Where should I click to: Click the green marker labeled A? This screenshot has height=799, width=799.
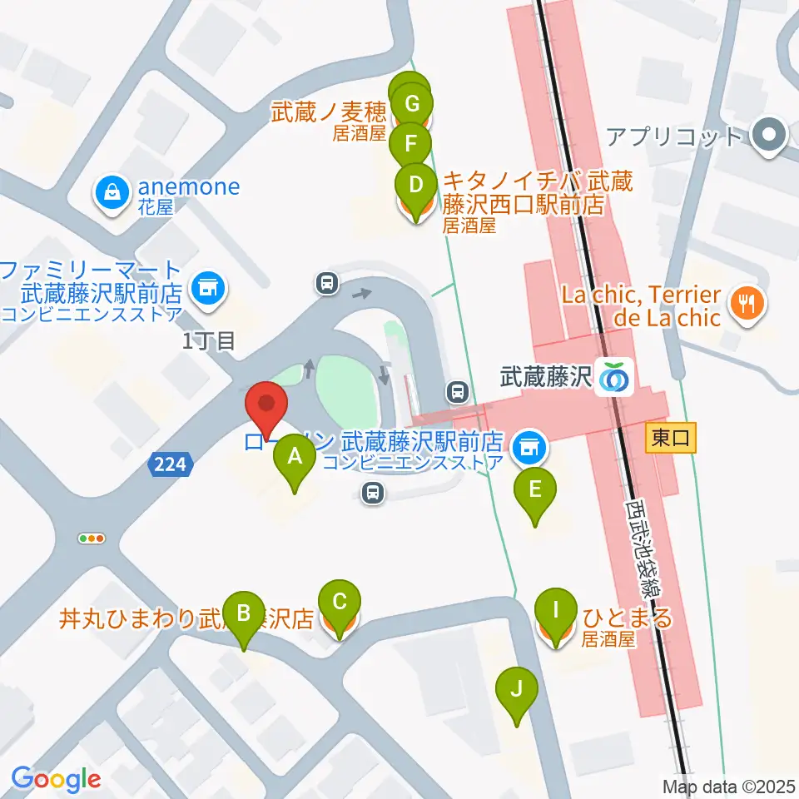click(294, 455)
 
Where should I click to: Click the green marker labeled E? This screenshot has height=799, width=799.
click(534, 489)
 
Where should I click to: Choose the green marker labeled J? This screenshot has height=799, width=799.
click(516, 688)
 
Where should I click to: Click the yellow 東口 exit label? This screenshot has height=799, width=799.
click(671, 438)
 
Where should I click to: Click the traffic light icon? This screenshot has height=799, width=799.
click(92, 538)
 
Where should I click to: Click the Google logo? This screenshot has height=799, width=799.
click(56, 780)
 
